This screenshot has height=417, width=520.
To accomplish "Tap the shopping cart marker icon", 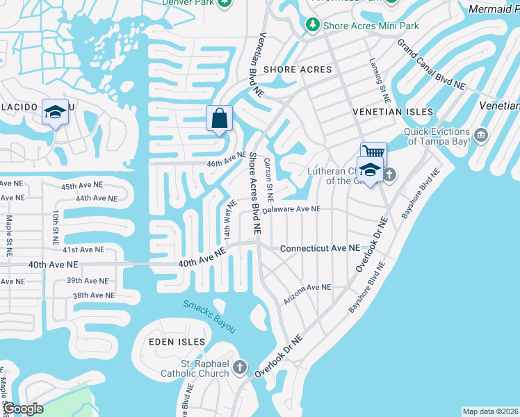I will coord(373,152).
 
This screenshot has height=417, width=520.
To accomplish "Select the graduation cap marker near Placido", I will coord(55,112).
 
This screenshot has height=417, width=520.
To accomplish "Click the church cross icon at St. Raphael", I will coord(240,367).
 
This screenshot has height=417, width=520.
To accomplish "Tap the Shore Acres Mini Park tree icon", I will coord(313,26).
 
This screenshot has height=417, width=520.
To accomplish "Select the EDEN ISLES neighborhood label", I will coord(177,342).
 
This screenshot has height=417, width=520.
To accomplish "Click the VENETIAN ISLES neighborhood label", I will coord(393,112).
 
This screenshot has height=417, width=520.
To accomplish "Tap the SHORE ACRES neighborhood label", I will coord(298,69).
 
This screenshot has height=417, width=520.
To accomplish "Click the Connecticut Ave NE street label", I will coord(320,248).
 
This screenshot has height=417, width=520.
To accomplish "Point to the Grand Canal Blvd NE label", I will coord(431,64).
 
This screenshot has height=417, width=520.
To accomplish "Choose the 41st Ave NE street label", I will coord(83,249).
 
